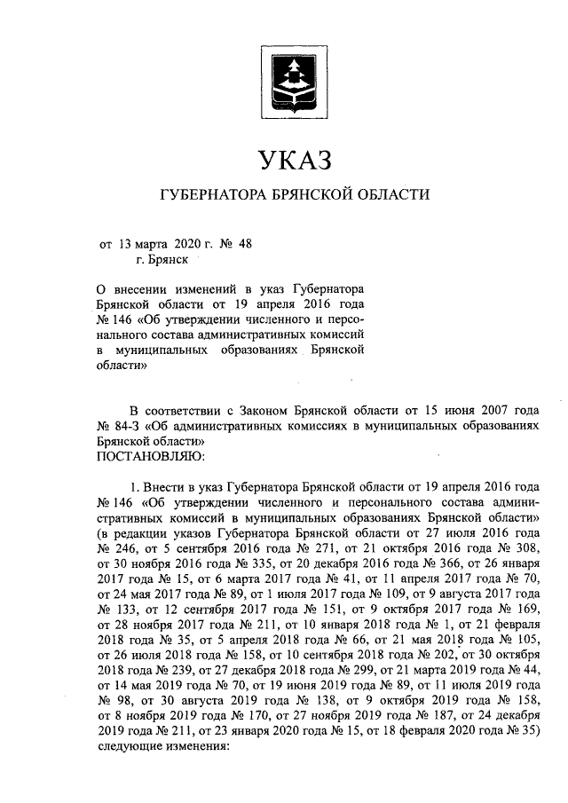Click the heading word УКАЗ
click(293, 161)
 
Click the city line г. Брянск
click(162, 260)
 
